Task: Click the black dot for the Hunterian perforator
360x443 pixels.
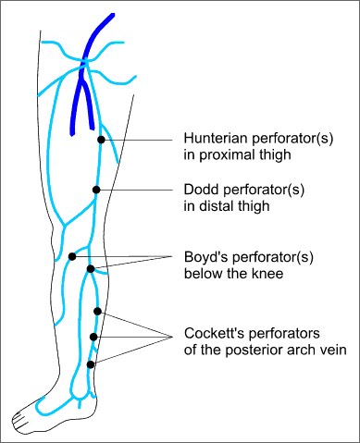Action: tap(101, 139)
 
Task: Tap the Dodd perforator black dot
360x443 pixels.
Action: tap(95, 190)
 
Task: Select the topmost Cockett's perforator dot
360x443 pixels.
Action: tap(97, 312)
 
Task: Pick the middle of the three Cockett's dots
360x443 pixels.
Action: tap(93, 338)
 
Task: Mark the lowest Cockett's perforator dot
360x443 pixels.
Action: tap(91, 364)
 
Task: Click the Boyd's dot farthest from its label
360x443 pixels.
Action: tap(71, 256)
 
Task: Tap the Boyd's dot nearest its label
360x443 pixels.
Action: tap(90, 268)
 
